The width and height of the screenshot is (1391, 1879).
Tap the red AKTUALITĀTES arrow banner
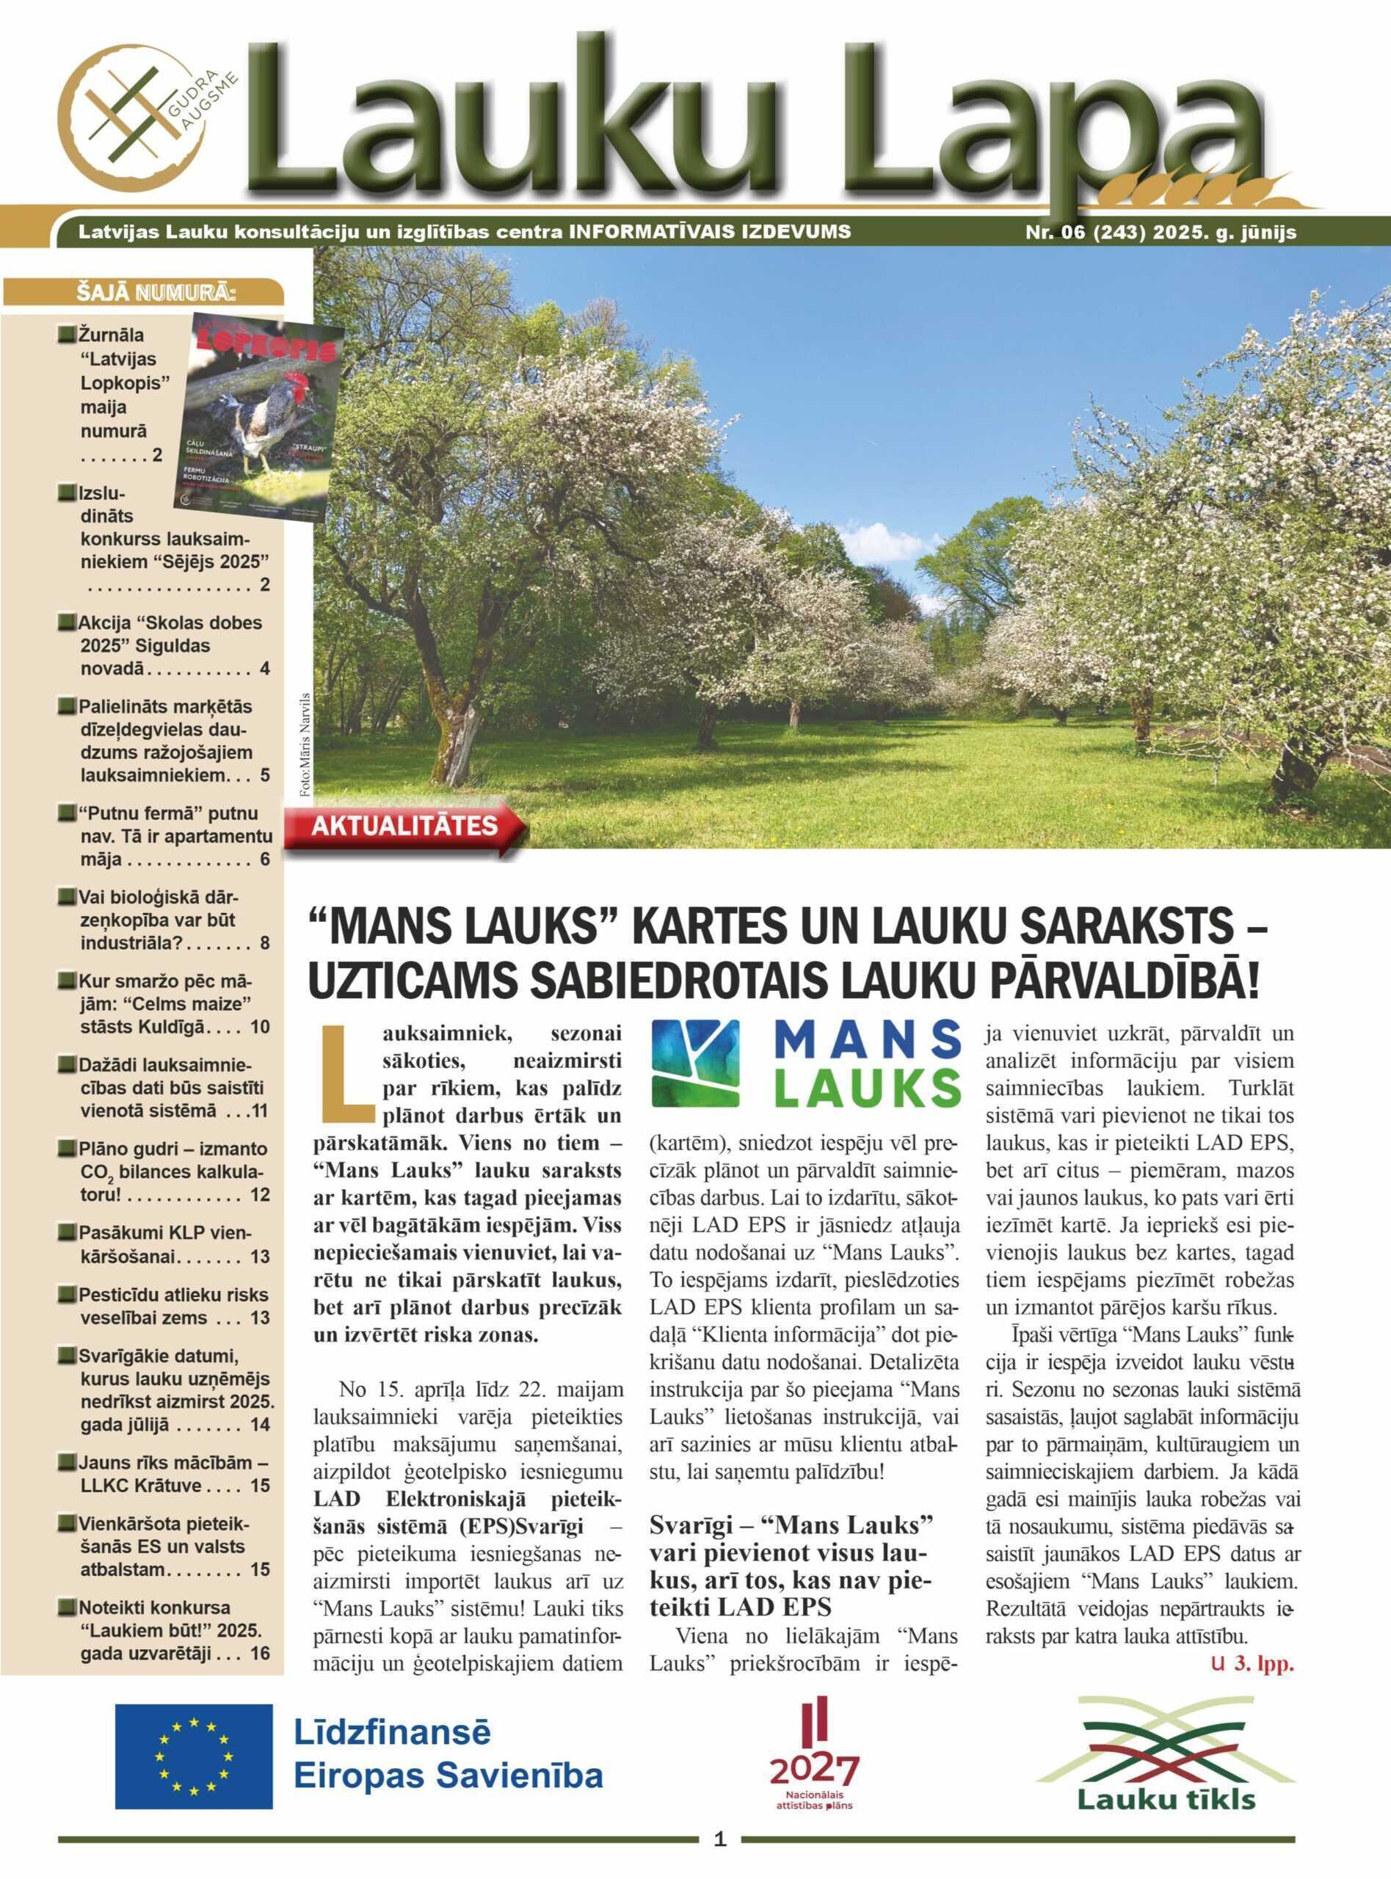tap(404, 825)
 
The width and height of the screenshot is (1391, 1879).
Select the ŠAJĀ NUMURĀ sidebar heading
tap(156, 294)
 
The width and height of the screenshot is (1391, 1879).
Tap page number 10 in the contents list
tap(259, 1027)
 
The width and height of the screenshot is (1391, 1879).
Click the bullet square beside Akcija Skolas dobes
tap(68, 624)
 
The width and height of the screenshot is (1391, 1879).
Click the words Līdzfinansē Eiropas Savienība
tap(447, 1754)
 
